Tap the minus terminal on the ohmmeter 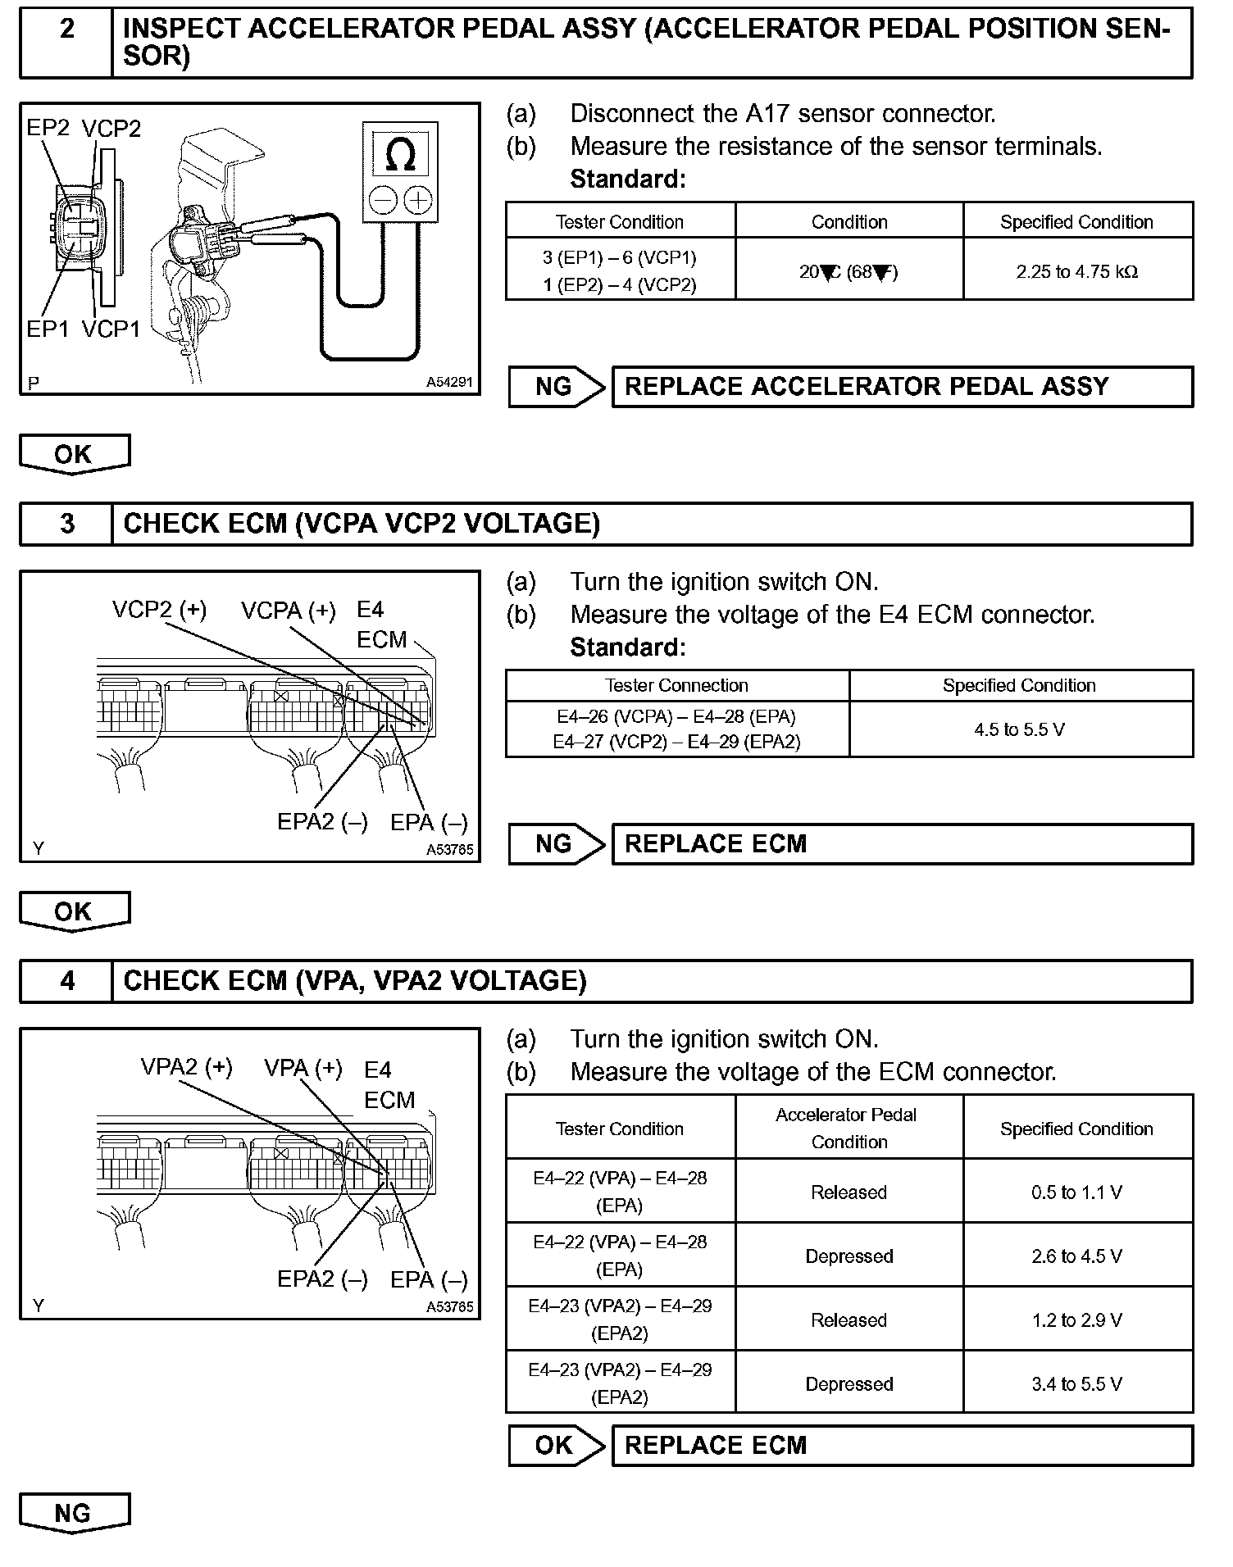pos(383,199)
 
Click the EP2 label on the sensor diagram pos(48,128)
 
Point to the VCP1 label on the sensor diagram pos(111,329)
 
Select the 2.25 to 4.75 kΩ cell pos(1077,271)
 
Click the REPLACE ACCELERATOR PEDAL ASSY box pos(902,387)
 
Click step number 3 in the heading pos(67,524)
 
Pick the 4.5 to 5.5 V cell pos(1020,729)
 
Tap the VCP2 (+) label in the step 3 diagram pos(160,610)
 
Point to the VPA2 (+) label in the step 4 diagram pos(187,1067)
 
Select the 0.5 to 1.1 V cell pos(1077,1192)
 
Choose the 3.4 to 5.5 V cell pos(1077,1384)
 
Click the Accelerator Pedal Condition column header pos(849,1129)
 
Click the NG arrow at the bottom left pos(74,1513)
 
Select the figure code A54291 pos(449,383)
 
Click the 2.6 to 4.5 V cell pos(1077,1256)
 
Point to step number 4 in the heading pos(67,981)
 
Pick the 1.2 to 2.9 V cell pos(1077,1320)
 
